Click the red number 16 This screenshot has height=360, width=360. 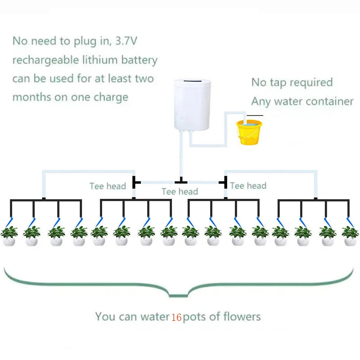click(x=176, y=317)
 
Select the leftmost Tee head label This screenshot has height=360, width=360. click(x=108, y=186)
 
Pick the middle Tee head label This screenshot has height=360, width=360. click(x=180, y=192)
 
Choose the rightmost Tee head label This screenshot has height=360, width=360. click(x=248, y=185)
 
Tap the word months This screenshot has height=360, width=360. click(x=29, y=97)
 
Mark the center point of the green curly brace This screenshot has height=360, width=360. click(x=179, y=295)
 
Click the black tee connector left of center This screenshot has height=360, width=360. click(x=135, y=182)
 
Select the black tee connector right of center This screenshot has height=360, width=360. click(x=225, y=182)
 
